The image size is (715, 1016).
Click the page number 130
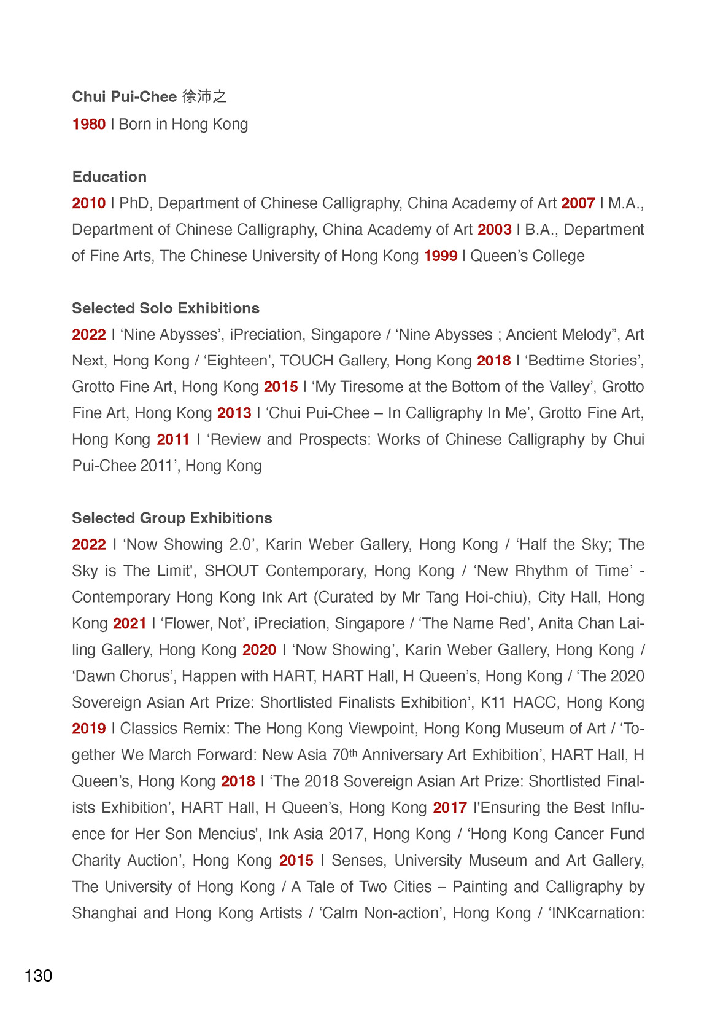pyautogui.click(x=38, y=975)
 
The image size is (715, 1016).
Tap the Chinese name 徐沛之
pyautogui.click(x=204, y=96)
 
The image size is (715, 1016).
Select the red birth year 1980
pyautogui.click(x=89, y=124)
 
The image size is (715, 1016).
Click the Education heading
pyautogui.click(x=109, y=177)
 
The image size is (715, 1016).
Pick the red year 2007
pyautogui.click(x=578, y=203)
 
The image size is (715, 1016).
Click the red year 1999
pyautogui.click(x=440, y=256)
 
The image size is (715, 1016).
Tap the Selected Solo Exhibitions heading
pyautogui.click(x=166, y=308)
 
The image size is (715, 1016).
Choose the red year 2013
pyautogui.click(x=234, y=413)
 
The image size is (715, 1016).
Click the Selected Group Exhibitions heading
pyautogui.click(x=172, y=518)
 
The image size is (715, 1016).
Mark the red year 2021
pyautogui.click(x=129, y=624)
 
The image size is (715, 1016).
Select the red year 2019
pyautogui.click(x=89, y=729)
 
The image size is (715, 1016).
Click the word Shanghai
pyautogui.click(x=104, y=913)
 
